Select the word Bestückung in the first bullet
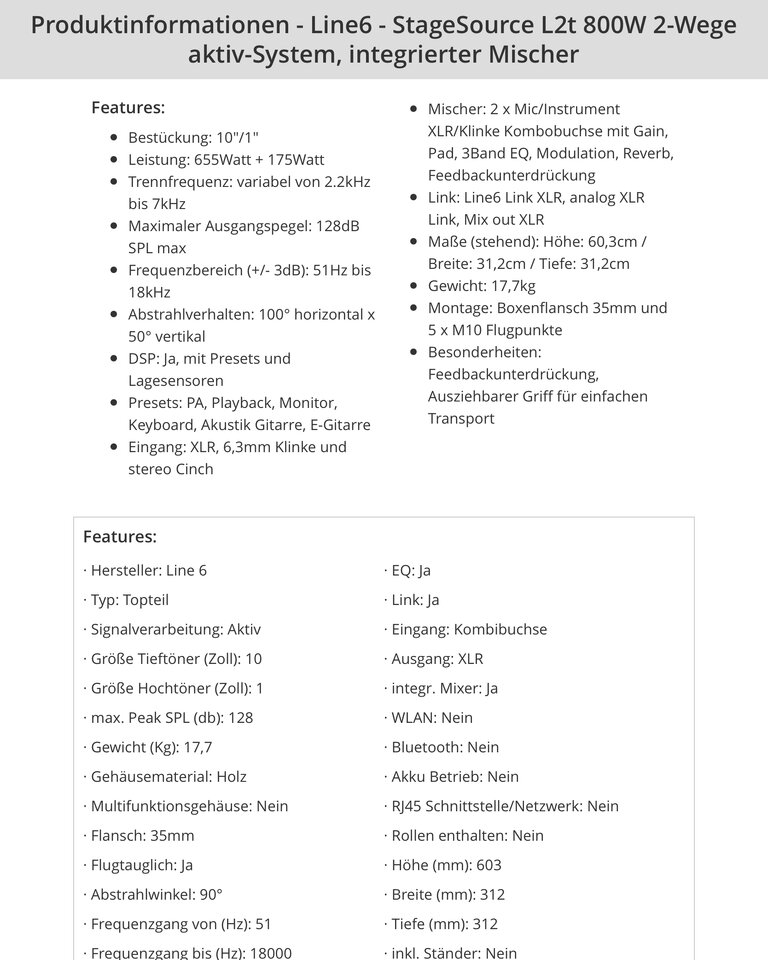tap(168, 137)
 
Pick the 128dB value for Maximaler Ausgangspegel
tap(337, 225)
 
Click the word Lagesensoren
tap(176, 380)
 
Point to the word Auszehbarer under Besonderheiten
tap(475, 396)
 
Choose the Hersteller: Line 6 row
tap(149, 570)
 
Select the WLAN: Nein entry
tap(428, 717)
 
